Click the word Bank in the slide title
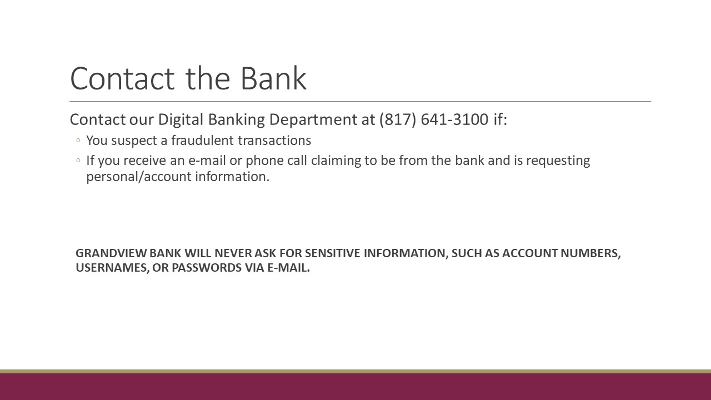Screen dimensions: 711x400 tap(274, 78)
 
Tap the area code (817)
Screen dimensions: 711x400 tap(398, 119)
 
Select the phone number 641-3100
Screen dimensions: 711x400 tap(454, 119)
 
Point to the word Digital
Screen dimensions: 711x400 tap(181, 120)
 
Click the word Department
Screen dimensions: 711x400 tap(313, 120)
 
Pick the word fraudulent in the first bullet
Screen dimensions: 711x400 tap(203, 141)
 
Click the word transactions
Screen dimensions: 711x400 tap(274, 141)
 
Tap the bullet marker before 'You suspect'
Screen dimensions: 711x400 tap(78, 141)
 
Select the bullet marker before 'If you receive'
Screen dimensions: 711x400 tap(78, 161)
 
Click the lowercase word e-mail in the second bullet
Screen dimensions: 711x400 tap(207, 161)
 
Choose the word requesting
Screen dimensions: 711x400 tap(558, 161)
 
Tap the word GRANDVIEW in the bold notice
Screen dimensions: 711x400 tap(111, 253)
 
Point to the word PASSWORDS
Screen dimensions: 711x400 tap(207, 268)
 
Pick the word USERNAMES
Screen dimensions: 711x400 tap(112, 268)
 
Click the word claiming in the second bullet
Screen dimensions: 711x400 tap(336, 161)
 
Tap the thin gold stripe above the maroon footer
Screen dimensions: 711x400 tap(355, 372)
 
